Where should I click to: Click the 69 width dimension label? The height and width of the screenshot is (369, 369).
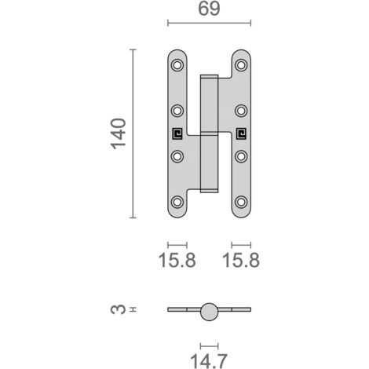[209, 9]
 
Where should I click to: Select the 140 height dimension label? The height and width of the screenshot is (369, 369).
[119, 134]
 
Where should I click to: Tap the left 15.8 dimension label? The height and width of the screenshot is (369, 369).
[177, 260]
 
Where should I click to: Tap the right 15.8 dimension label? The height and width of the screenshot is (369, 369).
[241, 260]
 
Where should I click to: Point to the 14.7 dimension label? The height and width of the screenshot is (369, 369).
[209, 361]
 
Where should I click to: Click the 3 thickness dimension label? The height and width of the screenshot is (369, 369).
[119, 309]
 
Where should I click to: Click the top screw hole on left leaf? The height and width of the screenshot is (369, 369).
[177, 65]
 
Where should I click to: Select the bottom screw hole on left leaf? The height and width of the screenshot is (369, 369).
[177, 202]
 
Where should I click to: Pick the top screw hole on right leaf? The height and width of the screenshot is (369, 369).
[241, 65]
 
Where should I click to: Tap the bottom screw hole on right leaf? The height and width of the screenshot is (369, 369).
[241, 202]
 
